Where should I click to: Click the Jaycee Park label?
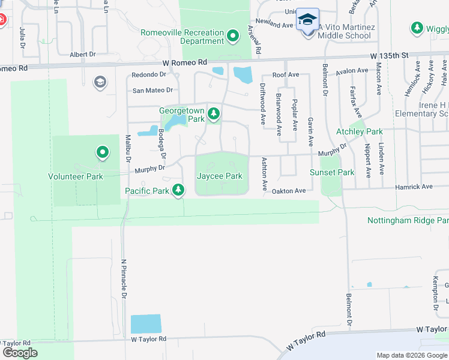(x=220, y=176)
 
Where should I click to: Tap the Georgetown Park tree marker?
(x=212, y=113)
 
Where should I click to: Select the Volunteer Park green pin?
(x=103, y=153)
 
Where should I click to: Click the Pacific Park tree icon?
(x=178, y=191)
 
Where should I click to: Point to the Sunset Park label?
(x=332, y=172)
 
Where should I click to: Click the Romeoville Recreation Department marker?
(x=234, y=34)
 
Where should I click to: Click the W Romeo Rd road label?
(x=184, y=62)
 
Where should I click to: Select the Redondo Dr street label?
(x=149, y=74)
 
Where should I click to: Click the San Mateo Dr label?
(x=152, y=91)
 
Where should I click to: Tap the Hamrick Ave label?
(x=414, y=187)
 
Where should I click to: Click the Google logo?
(x=20, y=352)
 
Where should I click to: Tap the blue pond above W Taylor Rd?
(x=146, y=324)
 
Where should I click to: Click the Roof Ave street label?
(x=286, y=74)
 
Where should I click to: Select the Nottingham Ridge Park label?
(x=408, y=221)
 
